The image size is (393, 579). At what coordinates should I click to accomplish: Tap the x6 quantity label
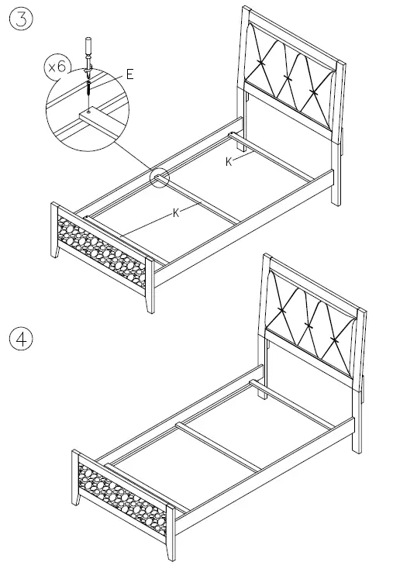tap(57, 67)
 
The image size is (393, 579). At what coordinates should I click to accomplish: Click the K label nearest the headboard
tap(229, 160)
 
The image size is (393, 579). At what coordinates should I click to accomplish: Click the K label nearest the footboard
tap(177, 212)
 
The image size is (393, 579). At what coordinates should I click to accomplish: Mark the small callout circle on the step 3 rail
tap(159, 178)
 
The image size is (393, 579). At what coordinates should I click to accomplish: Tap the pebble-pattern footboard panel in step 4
tap(120, 496)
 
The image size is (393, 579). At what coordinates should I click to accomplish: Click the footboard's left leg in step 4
tap(78, 481)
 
